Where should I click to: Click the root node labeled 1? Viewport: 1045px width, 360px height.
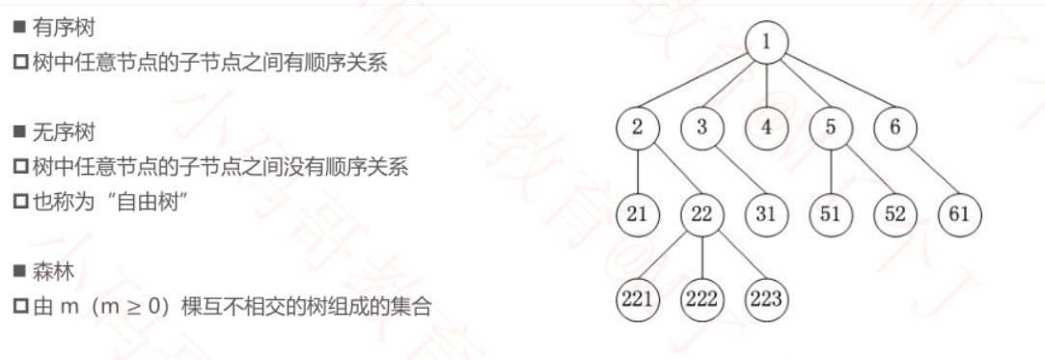point(767,42)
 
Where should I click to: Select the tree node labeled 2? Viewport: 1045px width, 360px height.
point(638,127)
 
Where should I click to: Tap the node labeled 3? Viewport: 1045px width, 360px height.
point(701,127)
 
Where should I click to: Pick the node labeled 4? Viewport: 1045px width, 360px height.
point(767,127)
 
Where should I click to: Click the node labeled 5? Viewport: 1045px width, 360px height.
point(831,127)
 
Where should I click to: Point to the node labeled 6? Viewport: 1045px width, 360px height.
point(895,127)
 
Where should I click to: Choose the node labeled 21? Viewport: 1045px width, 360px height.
point(638,213)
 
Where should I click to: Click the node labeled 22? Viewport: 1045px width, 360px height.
point(701,213)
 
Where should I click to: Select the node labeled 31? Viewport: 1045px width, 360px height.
point(766,213)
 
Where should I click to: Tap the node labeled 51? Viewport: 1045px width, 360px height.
point(831,213)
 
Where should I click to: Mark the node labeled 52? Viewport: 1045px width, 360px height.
point(895,213)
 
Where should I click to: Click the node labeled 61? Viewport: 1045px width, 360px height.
point(959,213)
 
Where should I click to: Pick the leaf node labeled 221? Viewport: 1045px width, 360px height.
point(638,299)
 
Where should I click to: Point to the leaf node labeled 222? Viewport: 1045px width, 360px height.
point(701,299)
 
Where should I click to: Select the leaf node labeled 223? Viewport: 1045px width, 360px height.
point(766,299)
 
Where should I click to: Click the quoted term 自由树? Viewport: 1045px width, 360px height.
point(149,204)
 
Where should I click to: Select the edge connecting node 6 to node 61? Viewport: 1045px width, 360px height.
point(927,171)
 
